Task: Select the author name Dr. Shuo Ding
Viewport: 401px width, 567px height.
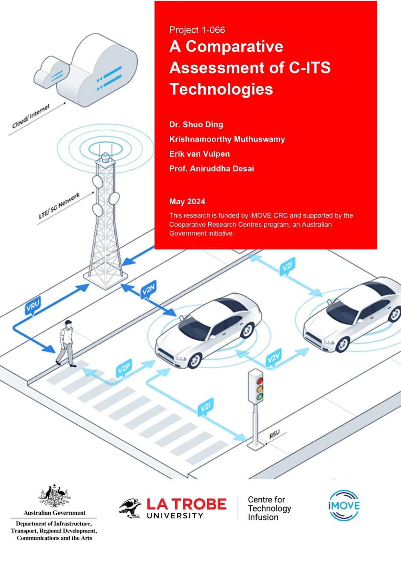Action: [x=196, y=124]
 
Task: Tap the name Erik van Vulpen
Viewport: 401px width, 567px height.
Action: [x=199, y=154]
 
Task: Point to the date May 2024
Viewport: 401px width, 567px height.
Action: [x=187, y=202]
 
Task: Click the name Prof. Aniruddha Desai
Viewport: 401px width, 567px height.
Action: [x=212, y=169]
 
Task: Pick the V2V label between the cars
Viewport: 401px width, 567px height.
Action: [x=274, y=358]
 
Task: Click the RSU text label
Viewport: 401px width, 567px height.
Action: [x=274, y=434]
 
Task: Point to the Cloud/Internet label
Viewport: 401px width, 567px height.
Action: [x=31, y=117]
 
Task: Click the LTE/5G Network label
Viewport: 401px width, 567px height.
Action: [x=59, y=205]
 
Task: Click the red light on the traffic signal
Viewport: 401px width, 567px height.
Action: [x=260, y=381]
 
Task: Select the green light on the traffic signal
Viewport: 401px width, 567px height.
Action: [x=260, y=397]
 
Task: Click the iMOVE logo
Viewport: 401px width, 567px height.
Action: [x=344, y=505]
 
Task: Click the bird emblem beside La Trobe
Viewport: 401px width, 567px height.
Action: [x=130, y=508]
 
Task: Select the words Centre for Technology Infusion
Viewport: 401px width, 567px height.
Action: [x=269, y=508]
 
